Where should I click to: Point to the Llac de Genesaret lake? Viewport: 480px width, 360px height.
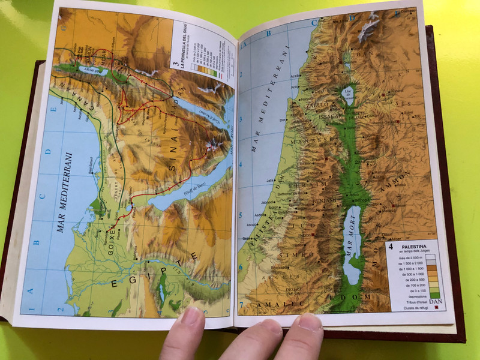coord(349,97)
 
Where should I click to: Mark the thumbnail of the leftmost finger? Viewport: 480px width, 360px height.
coord(192,316)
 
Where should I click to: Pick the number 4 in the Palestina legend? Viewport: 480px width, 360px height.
coord(391,245)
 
